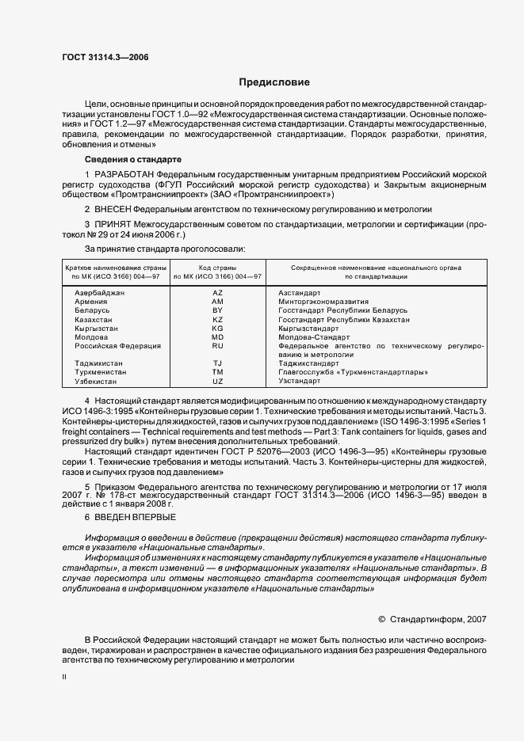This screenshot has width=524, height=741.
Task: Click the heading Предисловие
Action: point(274,82)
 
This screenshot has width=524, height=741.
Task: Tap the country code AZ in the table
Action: point(218,293)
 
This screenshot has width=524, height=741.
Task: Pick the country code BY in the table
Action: point(218,310)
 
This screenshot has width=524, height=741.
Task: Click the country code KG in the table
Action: point(218,328)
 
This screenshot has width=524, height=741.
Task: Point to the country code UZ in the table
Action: point(218,381)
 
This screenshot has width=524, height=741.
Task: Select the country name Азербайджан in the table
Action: point(100,293)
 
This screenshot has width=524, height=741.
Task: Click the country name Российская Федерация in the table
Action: point(118,346)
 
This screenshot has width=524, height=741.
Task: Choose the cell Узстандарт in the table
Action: point(300,381)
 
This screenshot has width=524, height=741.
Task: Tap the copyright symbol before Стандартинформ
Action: point(382,619)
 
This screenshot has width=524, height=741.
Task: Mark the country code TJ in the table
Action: point(218,363)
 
